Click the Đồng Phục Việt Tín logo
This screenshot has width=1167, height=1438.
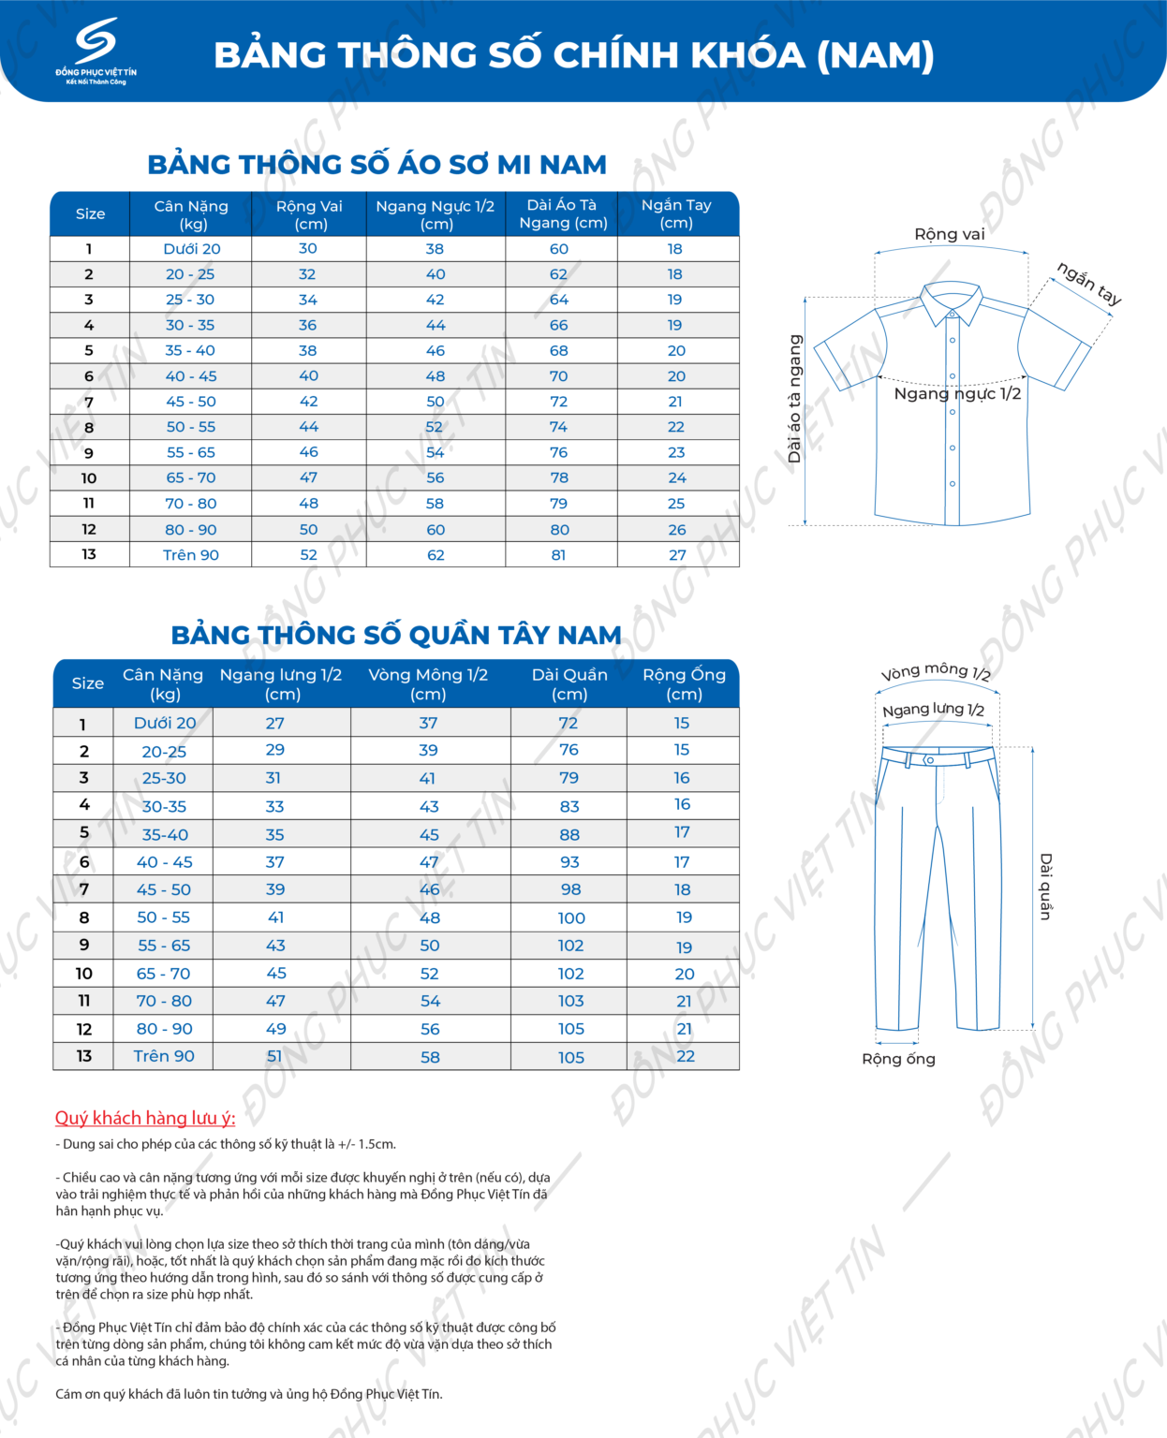click(96, 51)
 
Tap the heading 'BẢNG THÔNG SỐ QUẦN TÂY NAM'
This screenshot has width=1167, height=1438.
click(395, 635)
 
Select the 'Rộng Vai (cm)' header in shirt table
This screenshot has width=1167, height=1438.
click(309, 214)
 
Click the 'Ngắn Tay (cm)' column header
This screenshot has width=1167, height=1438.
click(676, 214)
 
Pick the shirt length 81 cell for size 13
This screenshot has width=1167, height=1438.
click(559, 555)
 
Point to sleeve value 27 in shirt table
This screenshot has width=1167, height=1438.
click(677, 555)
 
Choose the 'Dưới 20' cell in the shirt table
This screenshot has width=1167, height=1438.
click(192, 249)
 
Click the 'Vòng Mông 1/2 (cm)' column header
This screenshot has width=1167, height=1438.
click(428, 684)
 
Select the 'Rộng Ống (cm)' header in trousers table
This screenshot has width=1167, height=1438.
click(684, 684)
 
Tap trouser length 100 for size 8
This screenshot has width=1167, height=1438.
click(571, 918)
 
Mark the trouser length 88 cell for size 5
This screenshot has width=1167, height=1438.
click(569, 834)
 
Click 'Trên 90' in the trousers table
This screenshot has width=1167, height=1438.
click(164, 1056)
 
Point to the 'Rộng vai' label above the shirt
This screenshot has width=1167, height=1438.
click(950, 234)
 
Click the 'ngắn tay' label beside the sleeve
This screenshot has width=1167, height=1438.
click(1089, 283)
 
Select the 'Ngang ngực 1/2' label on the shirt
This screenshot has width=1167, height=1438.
click(957, 394)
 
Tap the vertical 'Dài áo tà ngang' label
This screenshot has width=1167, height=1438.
click(795, 399)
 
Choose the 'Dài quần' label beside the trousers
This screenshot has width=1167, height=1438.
click(1046, 886)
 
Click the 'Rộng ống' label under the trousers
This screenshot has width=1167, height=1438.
click(898, 1059)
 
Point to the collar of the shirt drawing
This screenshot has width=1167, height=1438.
click(952, 301)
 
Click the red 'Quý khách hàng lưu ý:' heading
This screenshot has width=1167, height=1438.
click(145, 1118)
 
